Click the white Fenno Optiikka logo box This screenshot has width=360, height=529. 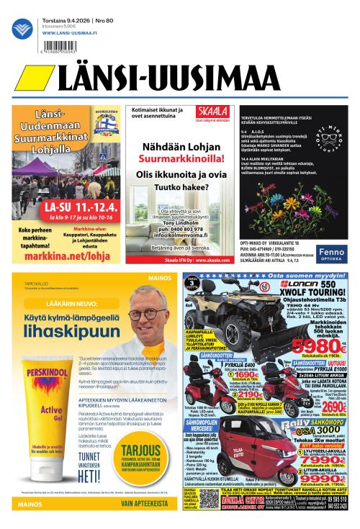[332, 252]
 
